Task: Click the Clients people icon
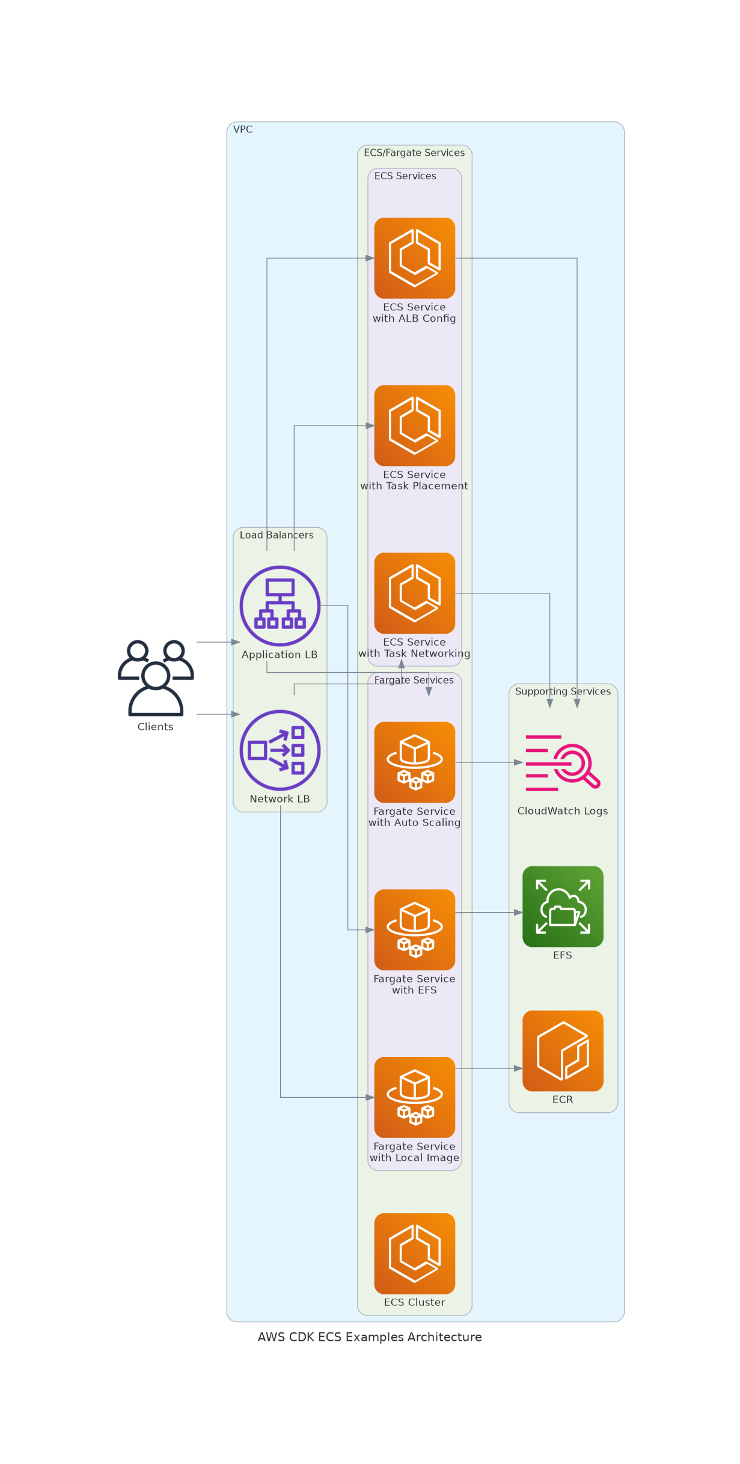156,678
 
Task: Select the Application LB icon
280,605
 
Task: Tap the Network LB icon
280,750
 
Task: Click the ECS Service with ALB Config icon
414,258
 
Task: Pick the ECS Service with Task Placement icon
414,425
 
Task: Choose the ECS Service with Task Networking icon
414,593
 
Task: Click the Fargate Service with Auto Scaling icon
414,762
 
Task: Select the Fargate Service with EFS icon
414,930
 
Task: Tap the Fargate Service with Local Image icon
414,1097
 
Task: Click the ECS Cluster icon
414,1254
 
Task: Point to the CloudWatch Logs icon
563,762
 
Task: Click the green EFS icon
563,906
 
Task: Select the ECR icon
563,1050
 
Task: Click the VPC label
243,129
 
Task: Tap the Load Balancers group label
277,535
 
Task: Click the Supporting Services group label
563,691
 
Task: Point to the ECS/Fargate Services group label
414,153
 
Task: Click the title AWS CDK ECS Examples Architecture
370,1337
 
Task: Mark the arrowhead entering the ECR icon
518,1068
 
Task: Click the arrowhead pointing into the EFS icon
518,912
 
